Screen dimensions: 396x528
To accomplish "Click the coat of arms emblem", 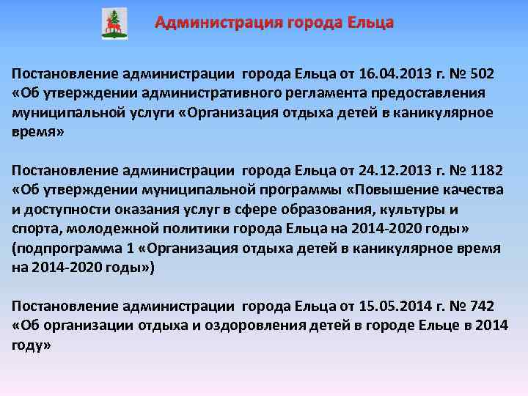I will coord(114,24).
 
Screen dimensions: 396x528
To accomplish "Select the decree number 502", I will coord(482,74).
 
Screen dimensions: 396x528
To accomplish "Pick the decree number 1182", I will coord(486,171).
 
